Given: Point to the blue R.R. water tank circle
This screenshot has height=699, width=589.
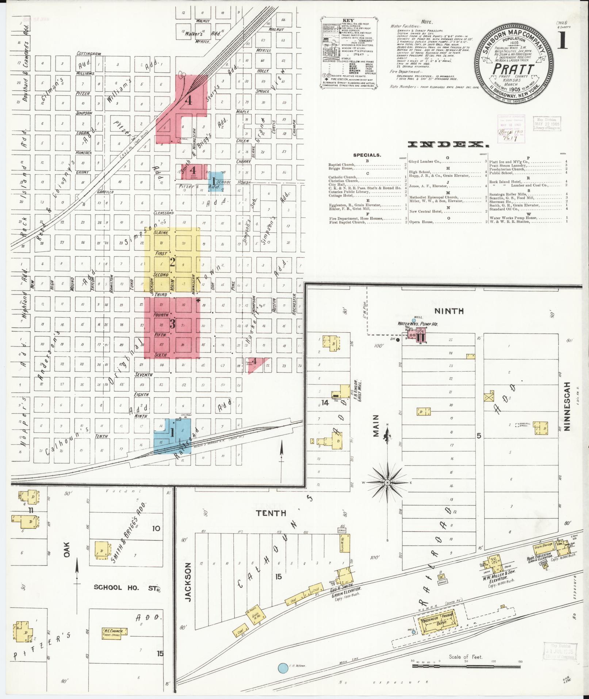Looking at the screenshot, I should click(x=282, y=668).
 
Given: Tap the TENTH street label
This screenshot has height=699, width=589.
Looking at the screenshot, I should click(x=271, y=513).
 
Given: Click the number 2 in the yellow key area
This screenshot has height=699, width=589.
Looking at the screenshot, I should click(x=172, y=262).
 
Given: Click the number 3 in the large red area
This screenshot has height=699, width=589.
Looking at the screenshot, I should click(x=172, y=324).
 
